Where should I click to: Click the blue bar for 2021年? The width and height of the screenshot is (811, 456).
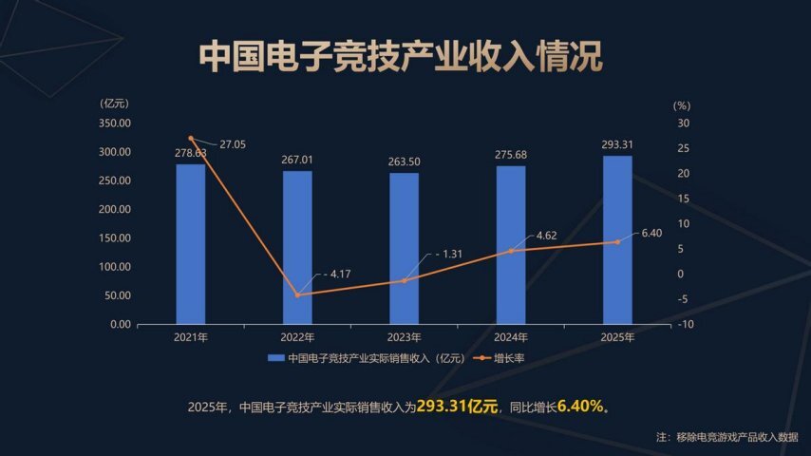[x=191, y=244]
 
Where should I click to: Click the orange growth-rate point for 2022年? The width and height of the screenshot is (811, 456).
[x=297, y=294]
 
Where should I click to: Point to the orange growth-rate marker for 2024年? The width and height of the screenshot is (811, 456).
[x=511, y=251]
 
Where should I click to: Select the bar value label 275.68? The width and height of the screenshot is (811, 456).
[x=511, y=155]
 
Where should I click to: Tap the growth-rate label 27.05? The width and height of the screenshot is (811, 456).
[x=233, y=144]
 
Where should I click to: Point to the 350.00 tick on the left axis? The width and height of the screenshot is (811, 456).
[x=114, y=123]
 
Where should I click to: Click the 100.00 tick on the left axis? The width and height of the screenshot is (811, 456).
[x=114, y=267]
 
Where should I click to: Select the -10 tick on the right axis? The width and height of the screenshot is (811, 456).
[x=685, y=325]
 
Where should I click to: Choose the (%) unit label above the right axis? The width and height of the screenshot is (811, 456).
[x=682, y=105]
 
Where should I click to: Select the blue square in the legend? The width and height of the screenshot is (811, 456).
[x=276, y=358]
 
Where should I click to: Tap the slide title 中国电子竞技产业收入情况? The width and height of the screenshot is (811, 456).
[x=401, y=55]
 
